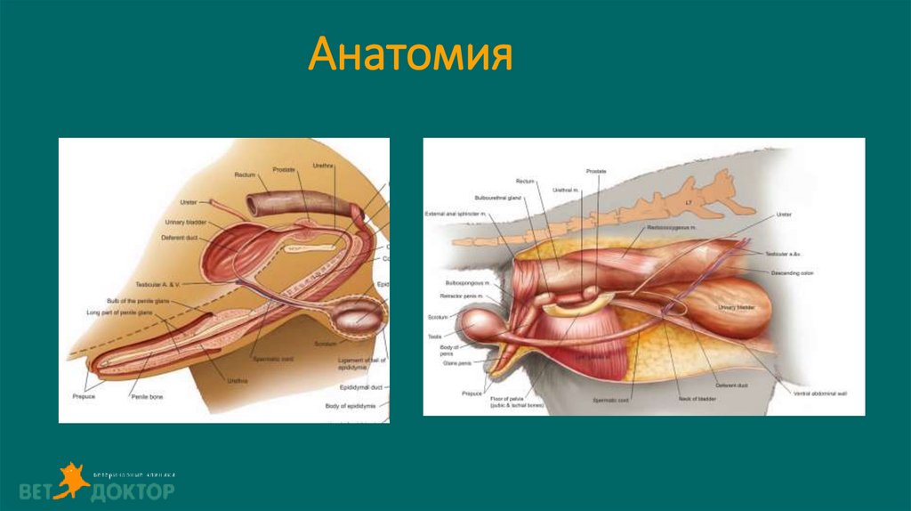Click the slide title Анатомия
(410, 56)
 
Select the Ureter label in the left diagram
(188, 202)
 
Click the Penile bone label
(146, 395)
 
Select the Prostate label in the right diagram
(595, 170)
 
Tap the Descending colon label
(794, 272)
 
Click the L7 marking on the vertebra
(689, 204)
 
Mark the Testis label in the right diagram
(435, 337)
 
